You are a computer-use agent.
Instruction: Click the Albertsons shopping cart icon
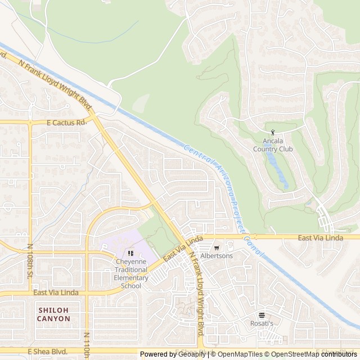(x=216, y=247)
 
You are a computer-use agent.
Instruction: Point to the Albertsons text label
(x=216, y=256)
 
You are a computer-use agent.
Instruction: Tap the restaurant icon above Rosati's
(x=262, y=315)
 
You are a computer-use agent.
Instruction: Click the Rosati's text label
(x=262, y=323)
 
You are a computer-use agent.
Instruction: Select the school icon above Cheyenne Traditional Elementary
(x=130, y=253)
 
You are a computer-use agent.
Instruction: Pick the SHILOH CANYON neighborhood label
(x=55, y=314)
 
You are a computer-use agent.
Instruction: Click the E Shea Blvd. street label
(x=47, y=351)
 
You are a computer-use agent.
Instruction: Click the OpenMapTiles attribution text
(x=237, y=354)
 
